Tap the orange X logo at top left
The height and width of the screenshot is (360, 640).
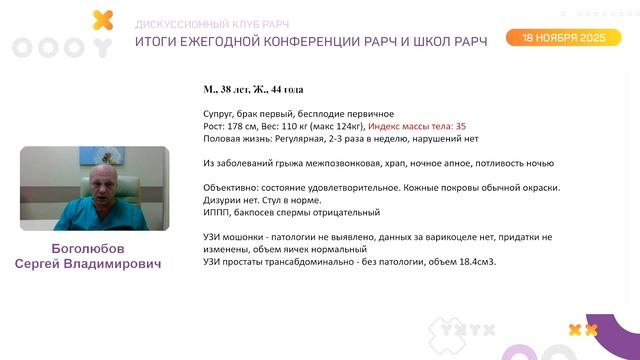click(101, 19)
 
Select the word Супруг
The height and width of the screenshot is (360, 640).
click(220, 114)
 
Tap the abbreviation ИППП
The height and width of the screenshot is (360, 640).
click(215, 212)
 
